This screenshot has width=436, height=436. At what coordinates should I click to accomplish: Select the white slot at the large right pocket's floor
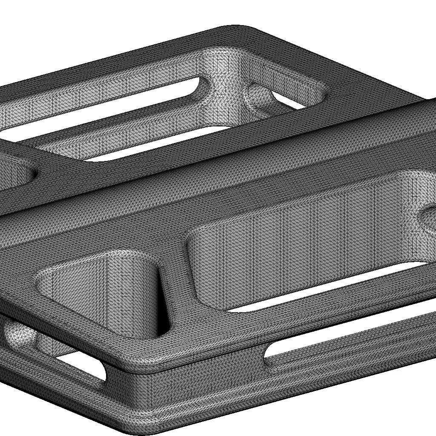[324, 290]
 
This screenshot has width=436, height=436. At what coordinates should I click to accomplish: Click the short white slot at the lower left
[83, 368]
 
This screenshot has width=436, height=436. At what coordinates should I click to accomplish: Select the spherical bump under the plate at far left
[19, 334]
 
